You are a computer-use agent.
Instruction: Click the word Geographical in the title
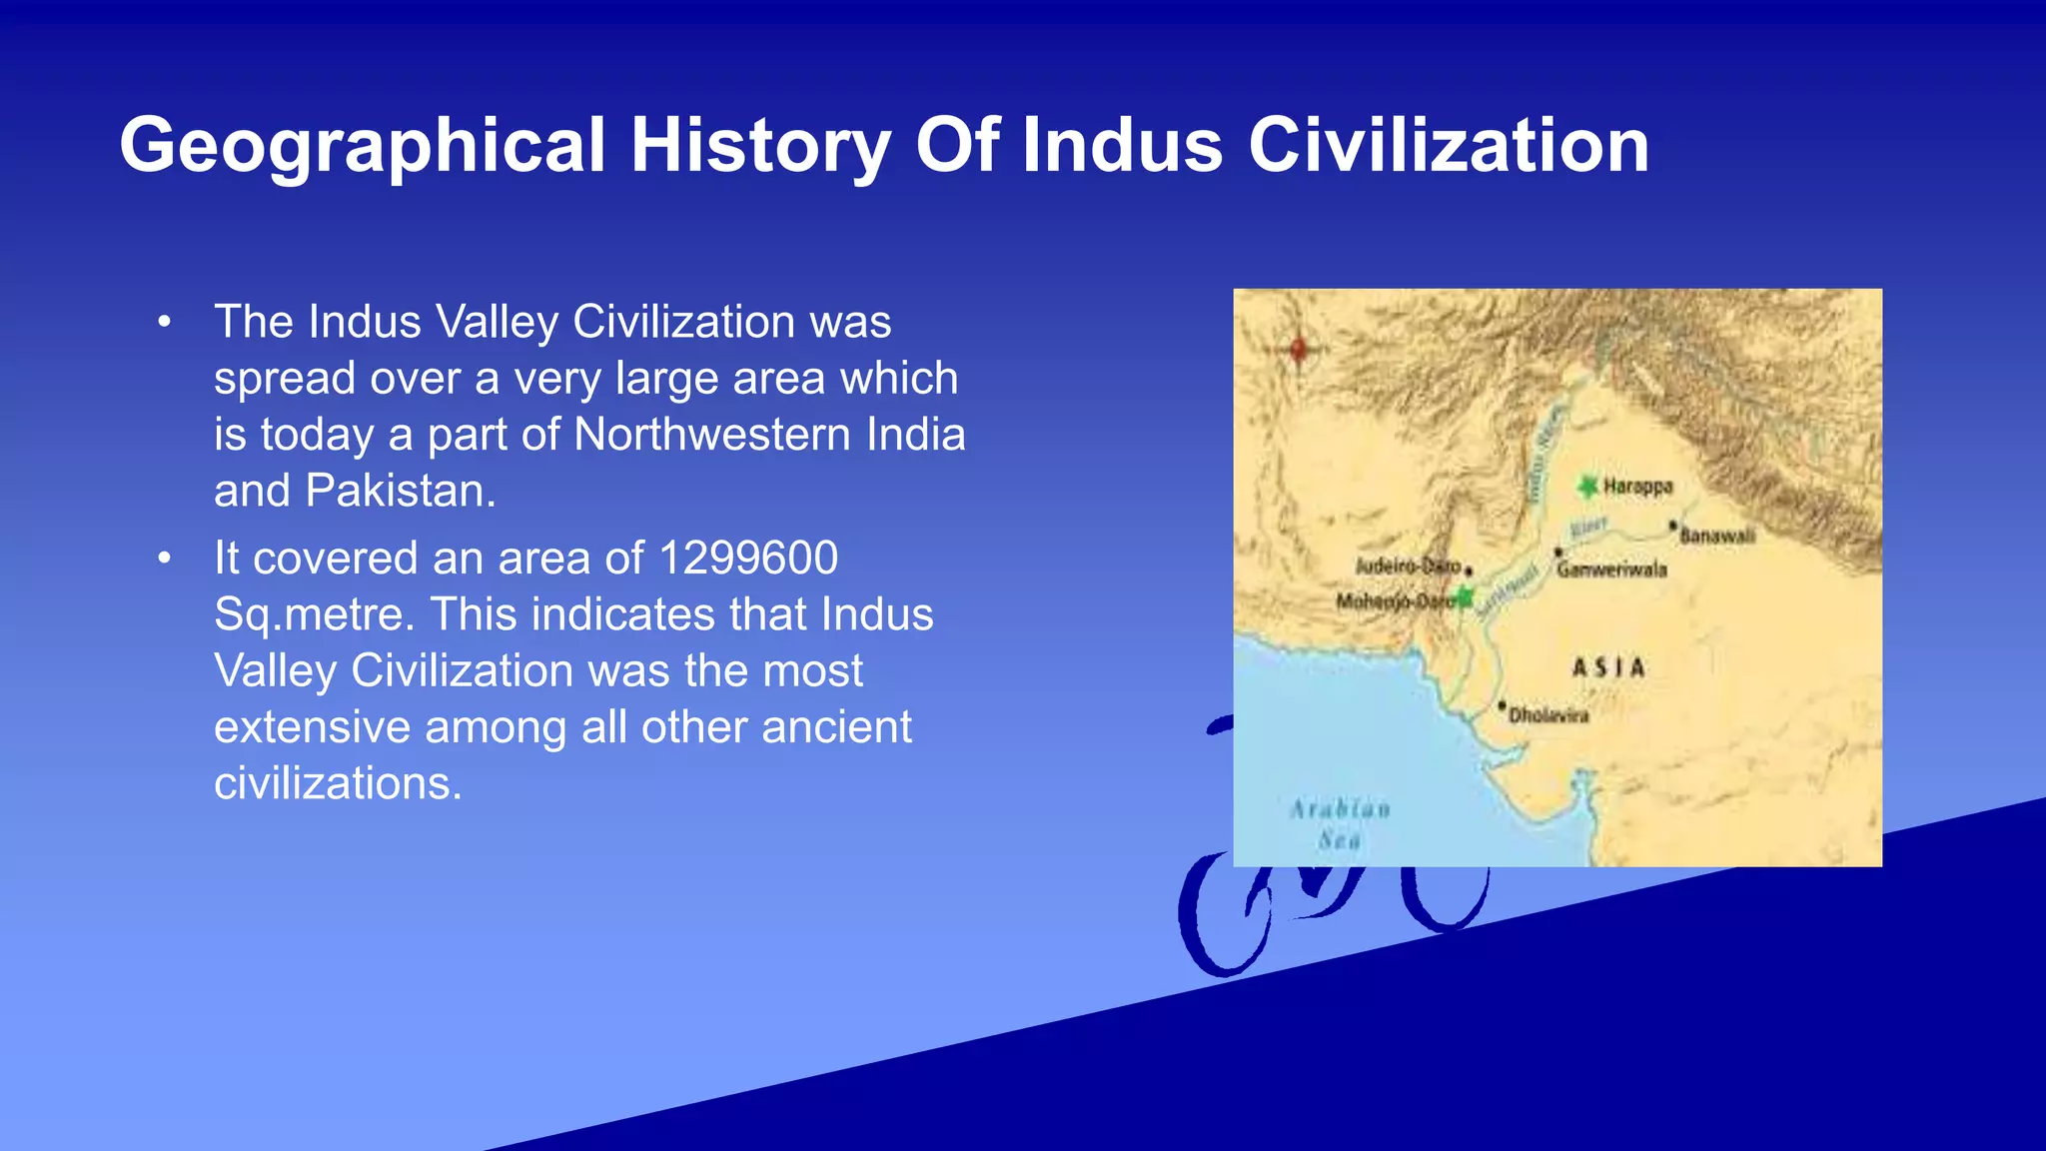pos(362,146)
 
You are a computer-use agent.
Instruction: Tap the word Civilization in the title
pos(1448,146)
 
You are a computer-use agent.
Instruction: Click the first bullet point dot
pos(165,323)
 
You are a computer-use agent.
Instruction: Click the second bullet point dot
pos(165,559)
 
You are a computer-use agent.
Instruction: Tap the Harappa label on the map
pos(1637,487)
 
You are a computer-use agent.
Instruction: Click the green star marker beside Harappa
pos(1587,487)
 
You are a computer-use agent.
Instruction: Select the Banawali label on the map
pos(1716,537)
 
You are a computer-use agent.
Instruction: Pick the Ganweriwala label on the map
pos(1611,571)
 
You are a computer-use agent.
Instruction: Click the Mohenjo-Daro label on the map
pos(1395,601)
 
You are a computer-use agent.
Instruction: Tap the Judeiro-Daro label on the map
pos(1408,567)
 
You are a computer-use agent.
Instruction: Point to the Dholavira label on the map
pos(1547,715)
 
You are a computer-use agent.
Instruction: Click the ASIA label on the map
pos(1607,667)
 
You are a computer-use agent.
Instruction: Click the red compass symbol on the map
pos(1299,349)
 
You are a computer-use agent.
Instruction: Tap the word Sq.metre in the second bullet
pos(314,614)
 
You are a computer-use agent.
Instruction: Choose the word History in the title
pos(759,146)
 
